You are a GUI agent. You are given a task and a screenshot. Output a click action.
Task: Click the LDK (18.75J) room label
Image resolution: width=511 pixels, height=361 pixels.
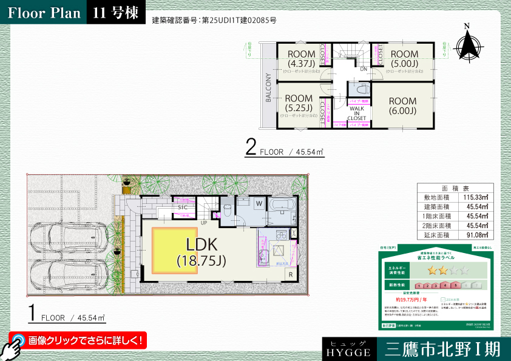(201, 253)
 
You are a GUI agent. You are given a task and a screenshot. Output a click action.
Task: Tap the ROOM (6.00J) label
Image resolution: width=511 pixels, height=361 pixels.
(402, 106)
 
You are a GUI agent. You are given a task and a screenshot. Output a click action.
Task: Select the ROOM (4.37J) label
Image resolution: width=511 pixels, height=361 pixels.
(302, 58)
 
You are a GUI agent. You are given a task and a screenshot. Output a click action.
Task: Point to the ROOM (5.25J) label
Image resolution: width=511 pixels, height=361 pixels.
(299, 103)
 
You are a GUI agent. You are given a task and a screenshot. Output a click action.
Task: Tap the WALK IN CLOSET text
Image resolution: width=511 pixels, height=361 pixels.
(357, 113)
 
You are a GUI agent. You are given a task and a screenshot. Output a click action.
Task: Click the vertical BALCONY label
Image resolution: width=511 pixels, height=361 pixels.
(268, 89)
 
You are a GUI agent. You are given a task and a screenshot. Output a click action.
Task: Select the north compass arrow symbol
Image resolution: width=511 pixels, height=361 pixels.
(468, 43)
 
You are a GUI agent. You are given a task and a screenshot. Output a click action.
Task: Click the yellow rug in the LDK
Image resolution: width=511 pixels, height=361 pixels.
(174, 250)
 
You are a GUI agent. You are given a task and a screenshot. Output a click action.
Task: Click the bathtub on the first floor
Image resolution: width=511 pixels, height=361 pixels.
(281, 212)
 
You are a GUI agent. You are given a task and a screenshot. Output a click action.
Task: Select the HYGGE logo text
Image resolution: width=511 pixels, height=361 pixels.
(348, 351)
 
